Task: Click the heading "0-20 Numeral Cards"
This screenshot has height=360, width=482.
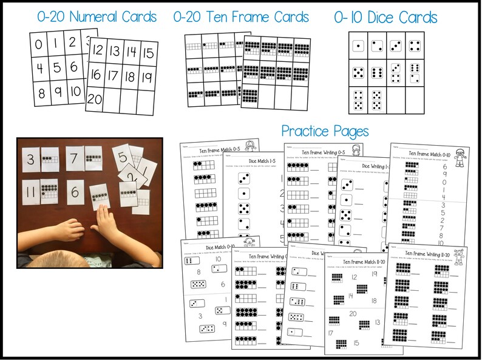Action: coord(96,16)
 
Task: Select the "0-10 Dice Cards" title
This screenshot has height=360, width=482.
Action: coord(385,18)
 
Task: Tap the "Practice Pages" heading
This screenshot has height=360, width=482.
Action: coord(325,131)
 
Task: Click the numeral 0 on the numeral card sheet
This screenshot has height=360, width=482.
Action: coord(39,44)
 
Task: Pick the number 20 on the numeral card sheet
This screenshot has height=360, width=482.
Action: coord(95,100)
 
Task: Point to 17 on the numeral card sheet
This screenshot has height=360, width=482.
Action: coord(113,77)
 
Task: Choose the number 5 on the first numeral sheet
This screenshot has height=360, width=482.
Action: coord(56,67)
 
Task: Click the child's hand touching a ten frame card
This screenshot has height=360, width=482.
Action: coord(105,223)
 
